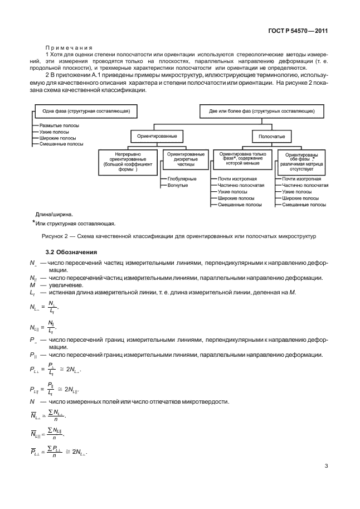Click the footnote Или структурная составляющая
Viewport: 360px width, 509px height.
[75, 224]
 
